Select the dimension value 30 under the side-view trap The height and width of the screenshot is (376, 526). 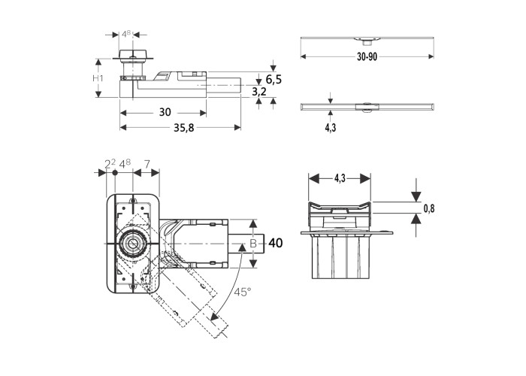[x=165, y=112]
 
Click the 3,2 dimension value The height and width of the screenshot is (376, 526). [x=259, y=91]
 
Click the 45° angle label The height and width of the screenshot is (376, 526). [x=243, y=291]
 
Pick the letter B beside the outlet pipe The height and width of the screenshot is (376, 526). [x=253, y=243]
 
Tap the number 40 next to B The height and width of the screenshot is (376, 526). [x=275, y=243]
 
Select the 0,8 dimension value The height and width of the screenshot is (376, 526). [x=429, y=210]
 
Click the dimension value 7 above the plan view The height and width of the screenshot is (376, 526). [x=147, y=163]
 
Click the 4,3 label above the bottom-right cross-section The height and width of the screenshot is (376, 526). [x=340, y=178]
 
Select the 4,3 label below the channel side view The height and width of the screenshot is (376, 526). [x=330, y=128]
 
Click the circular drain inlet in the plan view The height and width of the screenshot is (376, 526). [x=133, y=243]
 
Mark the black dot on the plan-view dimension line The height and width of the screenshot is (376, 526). [x=114, y=173]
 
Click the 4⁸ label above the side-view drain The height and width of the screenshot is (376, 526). [x=129, y=35]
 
